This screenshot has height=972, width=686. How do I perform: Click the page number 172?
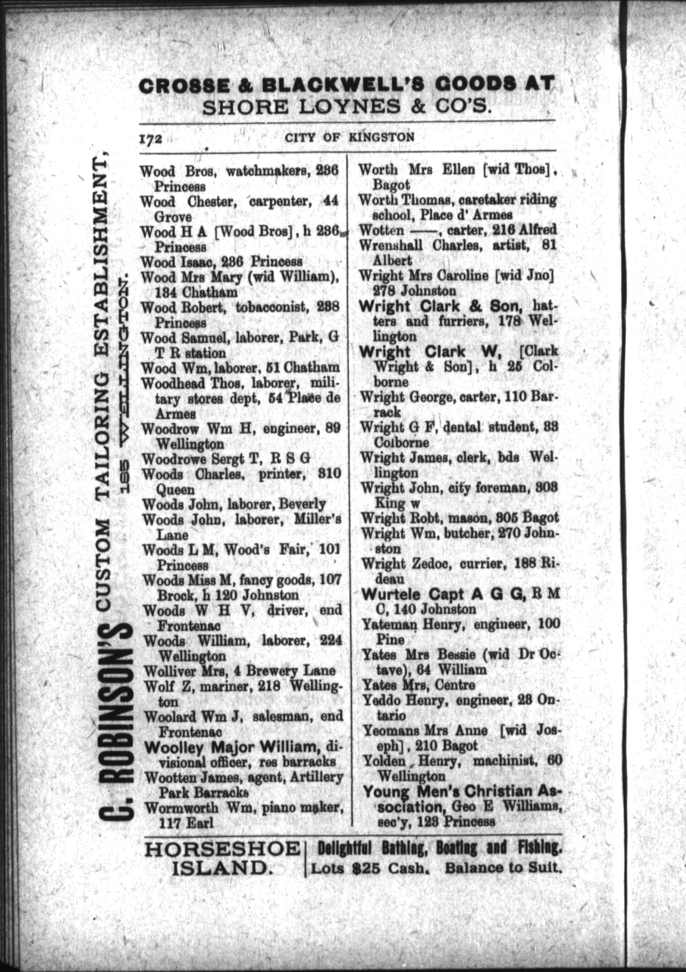[150, 139]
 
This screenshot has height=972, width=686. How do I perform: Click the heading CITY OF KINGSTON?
[349, 137]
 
